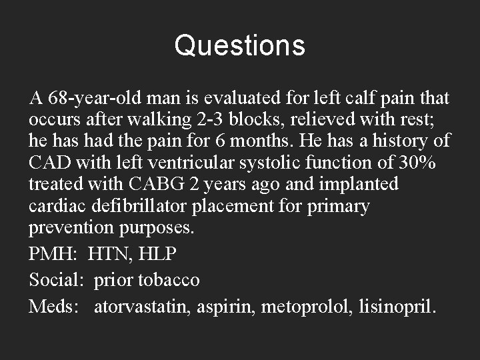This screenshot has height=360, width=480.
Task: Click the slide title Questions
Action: coord(239,46)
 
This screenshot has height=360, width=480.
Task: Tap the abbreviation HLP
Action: coord(161,254)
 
